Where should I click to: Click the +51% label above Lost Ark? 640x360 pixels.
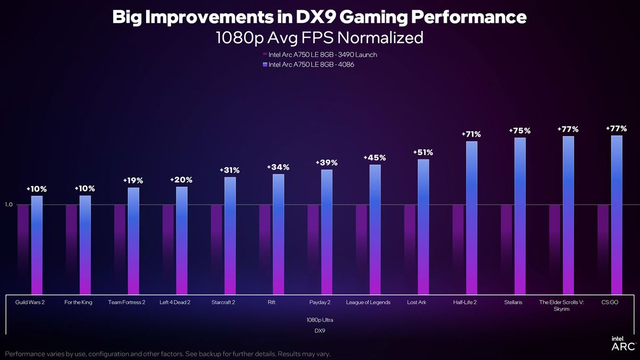pyautogui.click(x=422, y=153)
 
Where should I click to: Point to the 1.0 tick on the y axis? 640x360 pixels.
pyautogui.click(x=9, y=205)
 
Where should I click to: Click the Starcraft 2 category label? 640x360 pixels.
pyautogui.click(x=223, y=302)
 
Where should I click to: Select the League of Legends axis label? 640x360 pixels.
pyautogui.click(x=368, y=302)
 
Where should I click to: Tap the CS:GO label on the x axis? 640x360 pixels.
pyautogui.click(x=610, y=302)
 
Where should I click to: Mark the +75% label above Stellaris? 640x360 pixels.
pyautogui.click(x=519, y=131)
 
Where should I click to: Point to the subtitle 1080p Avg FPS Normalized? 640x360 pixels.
pyautogui.click(x=319, y=38)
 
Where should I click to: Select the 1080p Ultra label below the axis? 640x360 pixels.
pyautogui.click(x=319, y=319)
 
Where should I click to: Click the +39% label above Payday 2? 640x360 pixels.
pyautogui.click(x=326, y=163)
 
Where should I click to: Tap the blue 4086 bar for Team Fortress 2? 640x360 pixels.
pyautogui.click(x=133, y=240)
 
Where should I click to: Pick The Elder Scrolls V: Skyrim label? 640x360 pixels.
pyautogui.click(x=562, y=306)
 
